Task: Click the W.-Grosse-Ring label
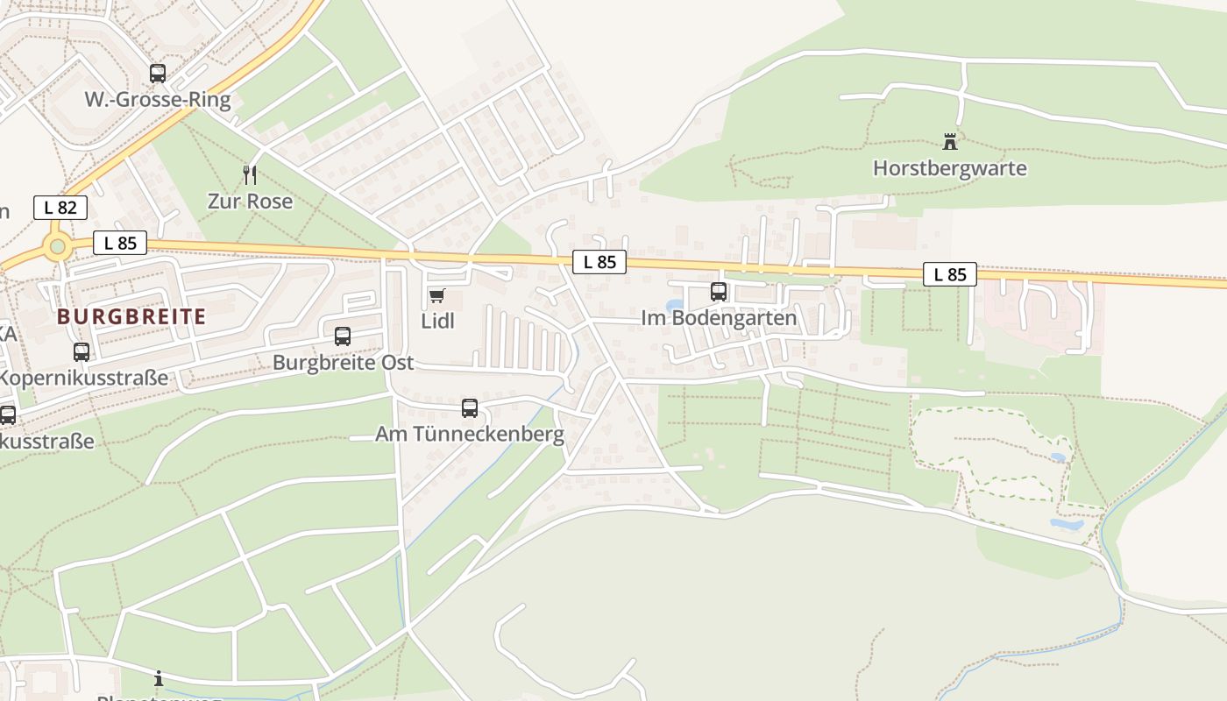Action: tap(158, 100)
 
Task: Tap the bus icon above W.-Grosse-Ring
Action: tap(158, 74)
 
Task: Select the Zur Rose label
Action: tap(250, 201)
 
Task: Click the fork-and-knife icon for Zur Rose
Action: tap(250, 174)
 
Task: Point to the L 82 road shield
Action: tap(60, 208)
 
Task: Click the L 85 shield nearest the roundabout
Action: tap(120, 243)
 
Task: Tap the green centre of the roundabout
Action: tap(58, 246)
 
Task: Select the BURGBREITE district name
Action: tap(131, 316)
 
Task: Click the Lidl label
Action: tap(438, 321)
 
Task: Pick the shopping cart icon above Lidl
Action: tap(436, 295)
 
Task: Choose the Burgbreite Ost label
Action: tap(343, 362)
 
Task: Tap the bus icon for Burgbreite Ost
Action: tap(343, 336)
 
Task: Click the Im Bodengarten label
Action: tap(719, 318)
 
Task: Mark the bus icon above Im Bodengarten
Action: tap(719, 292)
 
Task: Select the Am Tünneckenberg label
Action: tap(470, 434)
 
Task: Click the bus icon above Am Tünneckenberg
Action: tap(470, 407)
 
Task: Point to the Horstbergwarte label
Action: tap(949, 167)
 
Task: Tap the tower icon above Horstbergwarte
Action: tap(949, 141)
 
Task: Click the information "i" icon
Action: tap(159, 678)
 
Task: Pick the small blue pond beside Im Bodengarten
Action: tap(673, 307)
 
